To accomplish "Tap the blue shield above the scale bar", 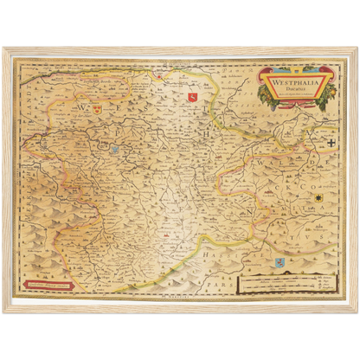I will pos(278,260).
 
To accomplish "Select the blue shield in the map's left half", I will pos(114,150).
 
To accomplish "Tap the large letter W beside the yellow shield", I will pos(82,112).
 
